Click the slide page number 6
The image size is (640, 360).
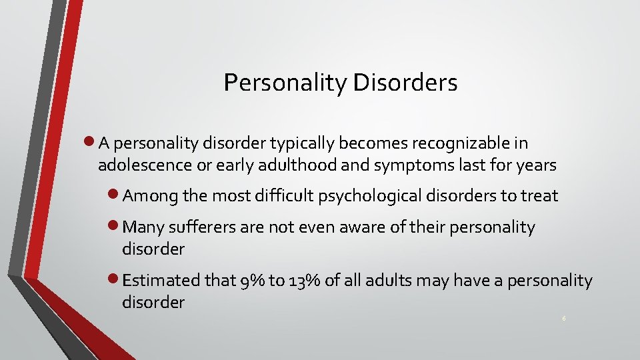[564, 319]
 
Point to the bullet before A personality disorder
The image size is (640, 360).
[91, 142]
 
